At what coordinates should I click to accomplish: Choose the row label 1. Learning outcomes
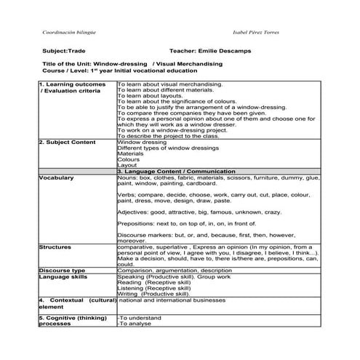tap(67, 85)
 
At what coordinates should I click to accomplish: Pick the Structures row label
tap(55, 247)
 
